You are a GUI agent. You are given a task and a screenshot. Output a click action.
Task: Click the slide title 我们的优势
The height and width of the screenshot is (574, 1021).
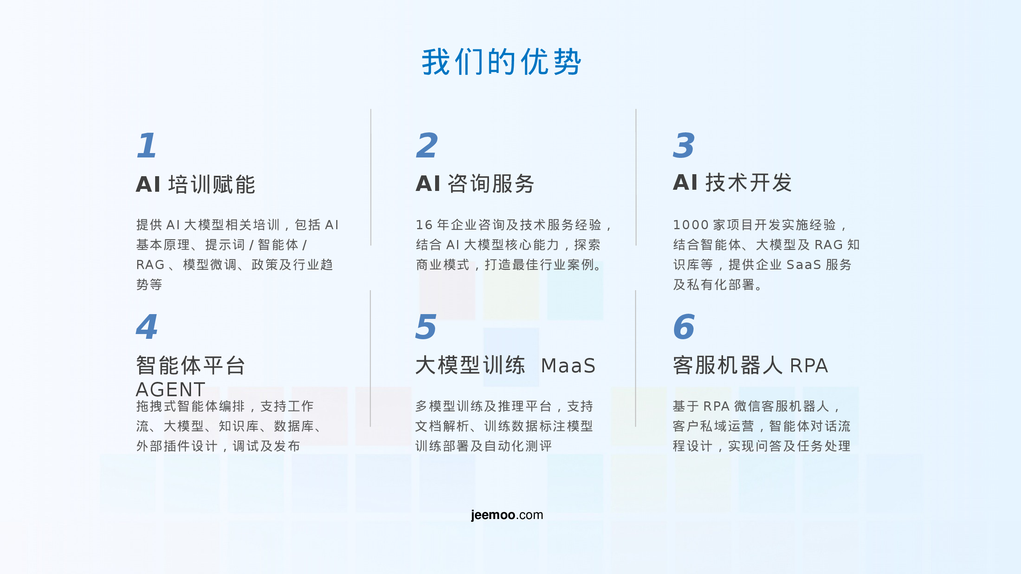point(501,62)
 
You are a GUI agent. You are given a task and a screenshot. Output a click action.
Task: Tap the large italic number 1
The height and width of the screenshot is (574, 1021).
point(146,145)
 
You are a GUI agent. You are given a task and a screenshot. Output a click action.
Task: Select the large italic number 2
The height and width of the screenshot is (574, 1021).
point(427,145)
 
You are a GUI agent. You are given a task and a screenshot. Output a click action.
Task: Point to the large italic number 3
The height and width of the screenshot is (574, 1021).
point(684,145)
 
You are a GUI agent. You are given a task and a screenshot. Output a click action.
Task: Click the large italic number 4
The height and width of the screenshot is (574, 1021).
point(147,327)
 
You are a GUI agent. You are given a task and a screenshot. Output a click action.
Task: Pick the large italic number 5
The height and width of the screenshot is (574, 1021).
point(426,327)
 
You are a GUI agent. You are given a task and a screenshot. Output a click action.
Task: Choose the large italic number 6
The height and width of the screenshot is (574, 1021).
point(684,327)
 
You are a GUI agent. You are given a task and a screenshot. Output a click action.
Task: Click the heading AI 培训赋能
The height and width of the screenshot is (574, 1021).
point(195,185)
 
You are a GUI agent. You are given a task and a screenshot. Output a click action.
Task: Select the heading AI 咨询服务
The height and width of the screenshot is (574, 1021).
point(475,184)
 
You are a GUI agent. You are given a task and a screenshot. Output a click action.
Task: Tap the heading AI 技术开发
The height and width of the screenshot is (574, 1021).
point(732,183)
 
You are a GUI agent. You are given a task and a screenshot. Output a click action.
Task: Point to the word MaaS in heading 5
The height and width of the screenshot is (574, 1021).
point(568,366)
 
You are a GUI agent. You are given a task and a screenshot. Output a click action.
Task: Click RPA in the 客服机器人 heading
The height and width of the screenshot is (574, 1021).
point(809,366)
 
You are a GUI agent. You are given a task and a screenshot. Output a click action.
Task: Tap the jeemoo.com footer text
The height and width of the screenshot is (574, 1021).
point(507,515)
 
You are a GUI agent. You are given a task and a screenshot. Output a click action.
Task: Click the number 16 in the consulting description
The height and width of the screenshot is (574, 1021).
point(424,225)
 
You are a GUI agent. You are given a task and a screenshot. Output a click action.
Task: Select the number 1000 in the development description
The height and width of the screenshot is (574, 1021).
point(691,225)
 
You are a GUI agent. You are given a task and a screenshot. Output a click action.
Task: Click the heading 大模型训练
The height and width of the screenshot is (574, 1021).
point(470,365)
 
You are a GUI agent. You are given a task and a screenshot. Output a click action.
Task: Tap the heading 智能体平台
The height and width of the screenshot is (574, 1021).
point(190,365)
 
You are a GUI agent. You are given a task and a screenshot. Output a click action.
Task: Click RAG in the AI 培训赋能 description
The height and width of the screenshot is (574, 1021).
point(150,265)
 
